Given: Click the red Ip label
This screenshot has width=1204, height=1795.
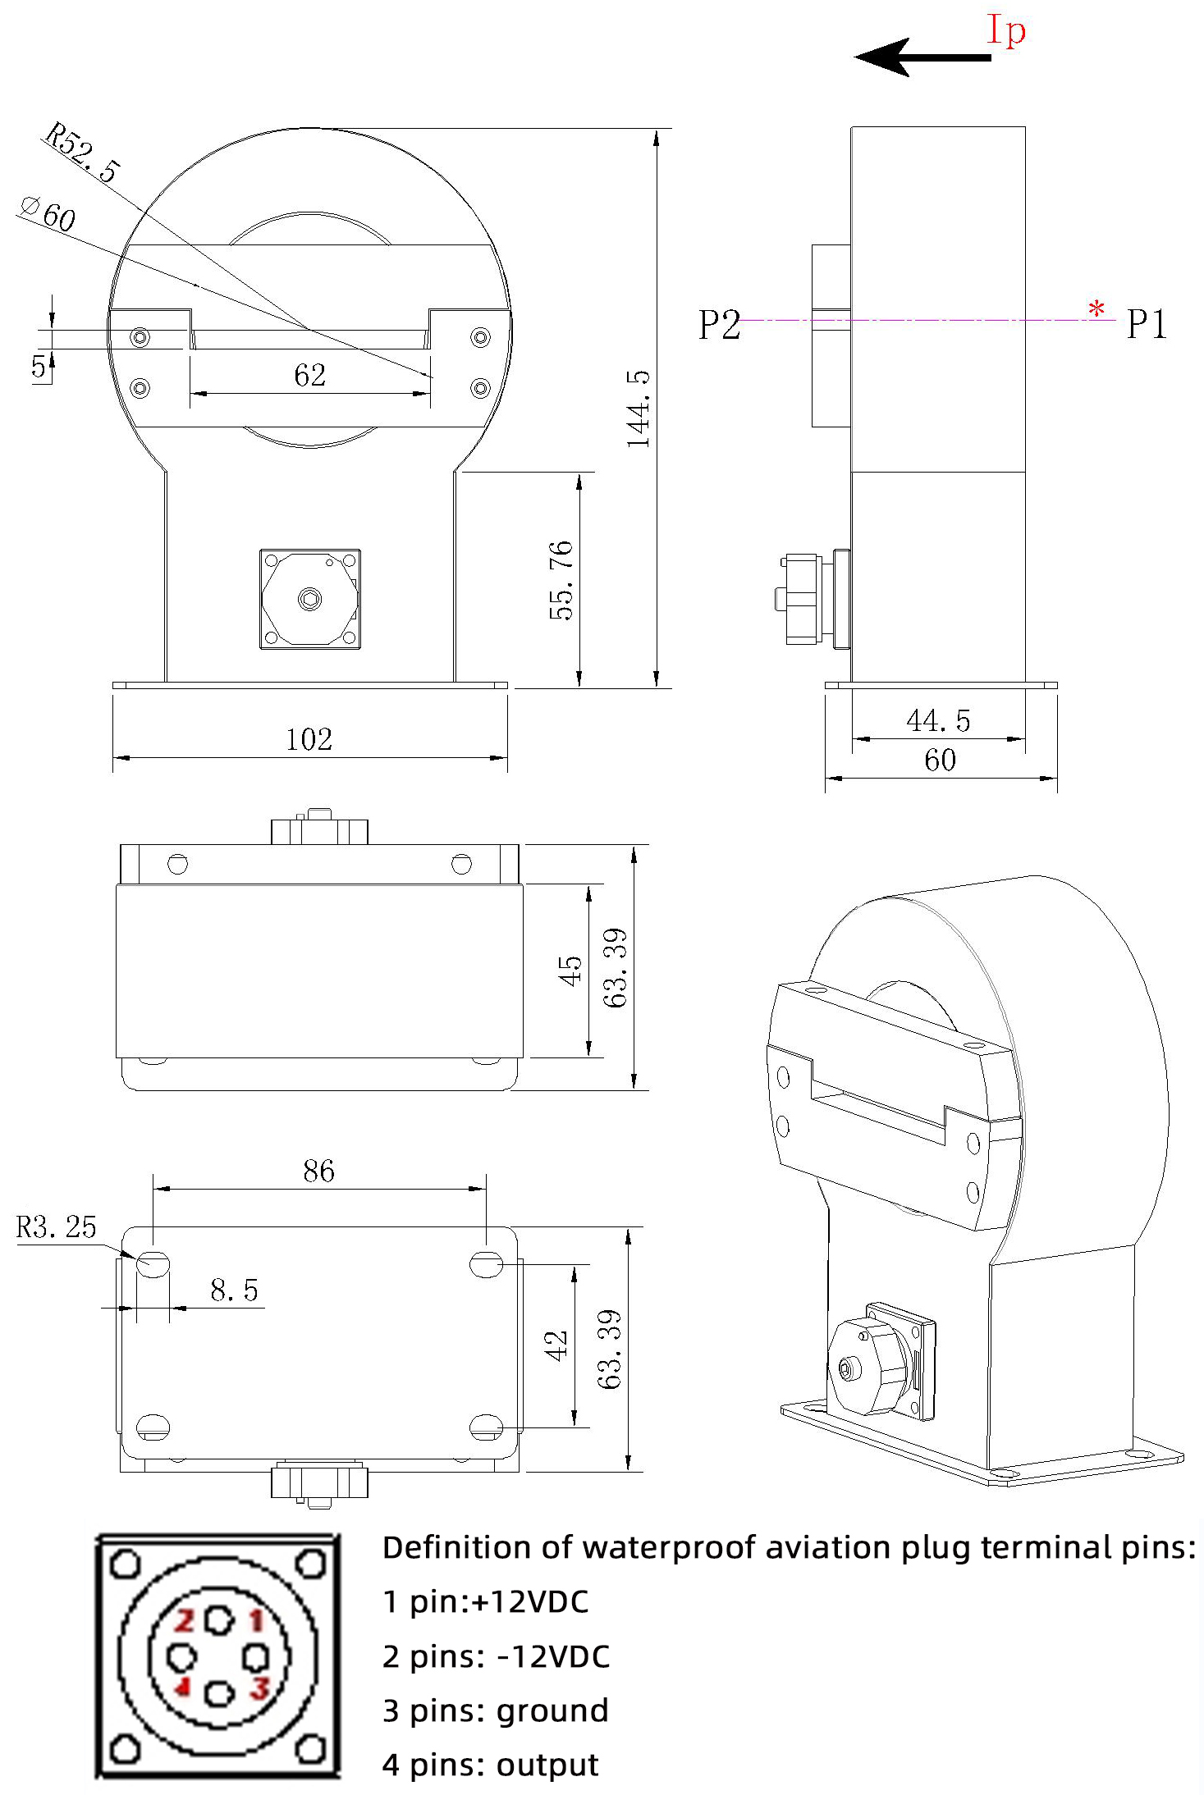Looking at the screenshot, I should [1005, 30].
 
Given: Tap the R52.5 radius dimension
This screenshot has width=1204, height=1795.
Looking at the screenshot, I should [83, 153].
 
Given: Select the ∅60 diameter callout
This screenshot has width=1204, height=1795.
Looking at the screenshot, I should [49, 214].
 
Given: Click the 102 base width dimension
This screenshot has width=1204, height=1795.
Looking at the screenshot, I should [309, 740].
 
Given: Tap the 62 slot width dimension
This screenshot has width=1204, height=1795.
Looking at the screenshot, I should [309, 376].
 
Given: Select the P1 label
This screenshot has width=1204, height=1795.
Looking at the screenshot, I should [1146, 324].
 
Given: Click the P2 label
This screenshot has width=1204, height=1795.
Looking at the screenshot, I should [719, 325].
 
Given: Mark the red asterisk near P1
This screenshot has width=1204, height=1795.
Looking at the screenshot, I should [1096, 310].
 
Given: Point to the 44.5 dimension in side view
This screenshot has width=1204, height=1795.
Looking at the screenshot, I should [938, 721].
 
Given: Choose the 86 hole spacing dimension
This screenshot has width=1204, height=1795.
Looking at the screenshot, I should [318, 1171].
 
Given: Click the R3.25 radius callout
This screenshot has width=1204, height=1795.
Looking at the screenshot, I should [56, 1227].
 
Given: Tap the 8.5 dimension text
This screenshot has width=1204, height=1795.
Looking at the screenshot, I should [234, 1290].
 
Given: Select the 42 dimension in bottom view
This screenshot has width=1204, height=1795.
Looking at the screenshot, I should [556, 1346].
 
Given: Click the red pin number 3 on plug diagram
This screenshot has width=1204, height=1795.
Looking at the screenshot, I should [260, 1688].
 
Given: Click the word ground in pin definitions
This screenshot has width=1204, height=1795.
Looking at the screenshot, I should [552, 1711].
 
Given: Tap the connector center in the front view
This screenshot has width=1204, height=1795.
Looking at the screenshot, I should [309, 599].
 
